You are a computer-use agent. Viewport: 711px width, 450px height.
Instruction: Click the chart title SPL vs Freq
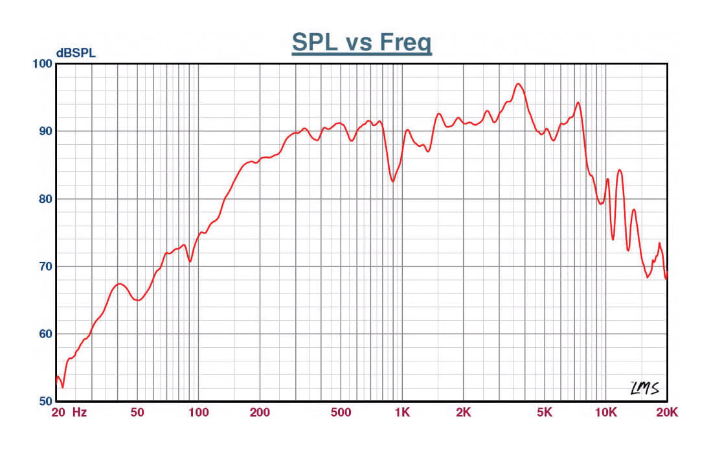coord(361,43)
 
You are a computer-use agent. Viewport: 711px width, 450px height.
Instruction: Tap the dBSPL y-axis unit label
coord(76,53)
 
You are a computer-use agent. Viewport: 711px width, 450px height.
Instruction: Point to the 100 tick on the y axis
coord(41,63)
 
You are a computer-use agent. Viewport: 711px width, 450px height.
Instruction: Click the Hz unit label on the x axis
coord(80,412)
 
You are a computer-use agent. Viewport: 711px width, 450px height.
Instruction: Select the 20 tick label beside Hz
coord(58,412)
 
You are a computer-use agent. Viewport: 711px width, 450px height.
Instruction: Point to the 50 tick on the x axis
coord(137,412)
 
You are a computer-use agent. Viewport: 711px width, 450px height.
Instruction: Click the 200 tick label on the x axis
coord(259,412)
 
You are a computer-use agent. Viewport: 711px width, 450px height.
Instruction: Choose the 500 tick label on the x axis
coord(341,412)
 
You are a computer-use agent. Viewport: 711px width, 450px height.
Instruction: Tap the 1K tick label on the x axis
coord(402,412)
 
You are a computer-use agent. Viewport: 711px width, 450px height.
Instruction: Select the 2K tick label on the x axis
coord(463,412)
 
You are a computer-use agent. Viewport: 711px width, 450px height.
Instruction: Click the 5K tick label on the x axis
coord(545,412)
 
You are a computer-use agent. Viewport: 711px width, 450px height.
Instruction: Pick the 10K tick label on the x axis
coord(606,412)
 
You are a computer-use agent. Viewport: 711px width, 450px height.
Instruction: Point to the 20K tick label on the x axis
coord(667,412)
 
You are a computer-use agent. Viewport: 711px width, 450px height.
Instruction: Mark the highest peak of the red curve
coord(517,83)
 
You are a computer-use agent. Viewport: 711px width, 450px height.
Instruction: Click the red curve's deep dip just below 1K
coord(392,181)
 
